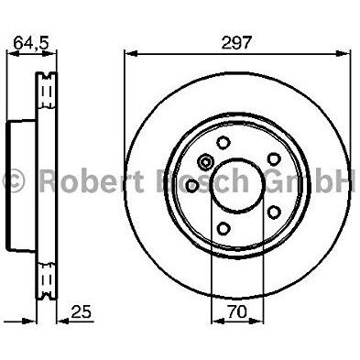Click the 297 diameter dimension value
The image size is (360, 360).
(235, 43)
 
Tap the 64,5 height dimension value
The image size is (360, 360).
(31, 43)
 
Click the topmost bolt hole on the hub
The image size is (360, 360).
(224, 142)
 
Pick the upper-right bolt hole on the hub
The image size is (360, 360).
(274, 159)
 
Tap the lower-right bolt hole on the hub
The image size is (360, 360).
(274, 212)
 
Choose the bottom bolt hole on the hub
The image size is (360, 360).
(224, 228)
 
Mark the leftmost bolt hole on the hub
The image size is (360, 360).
(192, 186)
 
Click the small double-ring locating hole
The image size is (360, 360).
(205, 161)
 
